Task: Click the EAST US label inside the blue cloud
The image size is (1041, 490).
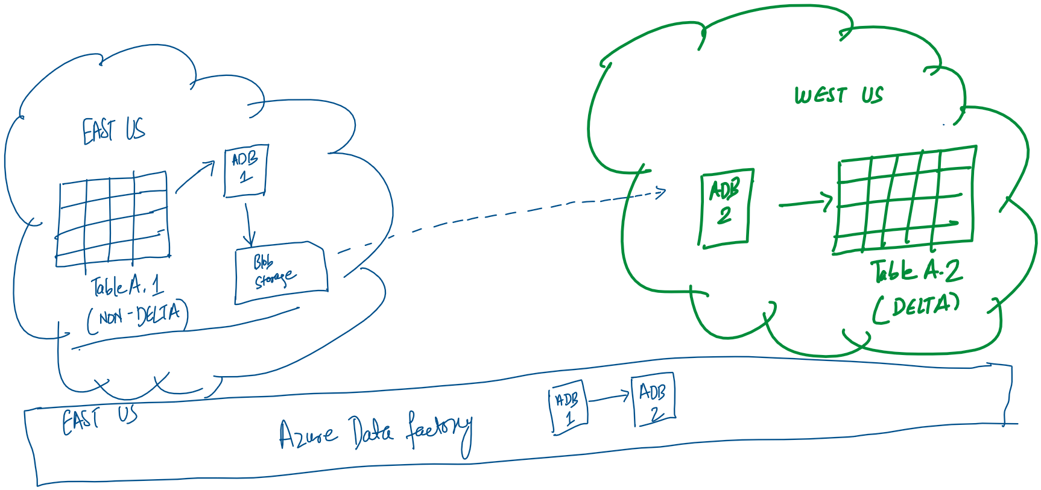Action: click(x=113, y=130)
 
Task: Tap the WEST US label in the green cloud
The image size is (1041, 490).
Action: click(x=838, y=95)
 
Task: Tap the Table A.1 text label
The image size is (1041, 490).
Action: click(x=127, y=286)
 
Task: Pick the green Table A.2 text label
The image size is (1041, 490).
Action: click(x=916, y=271)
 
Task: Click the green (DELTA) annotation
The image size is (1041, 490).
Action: click(x=916, y=307)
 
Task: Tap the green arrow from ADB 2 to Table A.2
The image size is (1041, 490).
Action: click(x=806, y=203)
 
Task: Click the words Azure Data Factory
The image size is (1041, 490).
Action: click(x=374, y=432)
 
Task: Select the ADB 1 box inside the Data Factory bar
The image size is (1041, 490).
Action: click(x=568, y=407)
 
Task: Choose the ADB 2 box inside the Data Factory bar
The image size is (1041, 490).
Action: click(x=653, y=400)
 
